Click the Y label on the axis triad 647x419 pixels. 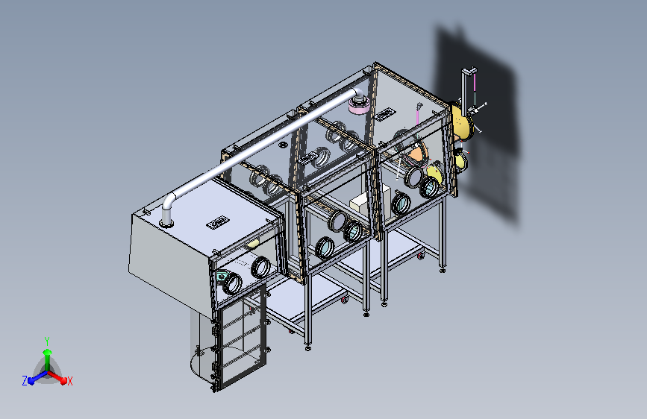pos(47,341)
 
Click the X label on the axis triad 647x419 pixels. pos(69,381)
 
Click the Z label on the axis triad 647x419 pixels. pos(25,381)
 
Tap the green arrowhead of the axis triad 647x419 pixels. pos(48,352)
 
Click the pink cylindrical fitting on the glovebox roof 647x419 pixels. pos(359,107)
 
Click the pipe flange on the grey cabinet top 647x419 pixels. pos(166,224)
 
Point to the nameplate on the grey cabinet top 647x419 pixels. pos(218,222)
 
